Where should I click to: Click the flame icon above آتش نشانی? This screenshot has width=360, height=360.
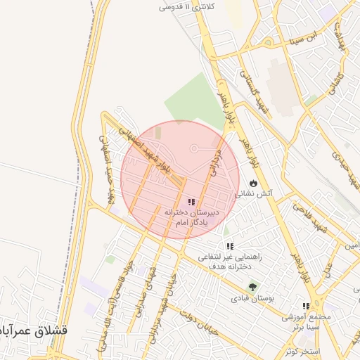tap(252, 183)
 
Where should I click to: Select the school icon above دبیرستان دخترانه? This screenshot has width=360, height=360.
tap(191, 202)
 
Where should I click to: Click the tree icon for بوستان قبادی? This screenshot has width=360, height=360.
tap(252, 287)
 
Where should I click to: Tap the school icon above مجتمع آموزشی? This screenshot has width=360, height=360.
tap(306, 307)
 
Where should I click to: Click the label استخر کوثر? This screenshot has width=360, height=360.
tap(303, 350)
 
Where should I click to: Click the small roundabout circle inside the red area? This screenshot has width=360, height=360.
tap(195, 148)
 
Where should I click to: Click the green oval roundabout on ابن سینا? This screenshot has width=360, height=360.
tap(310, 99)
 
